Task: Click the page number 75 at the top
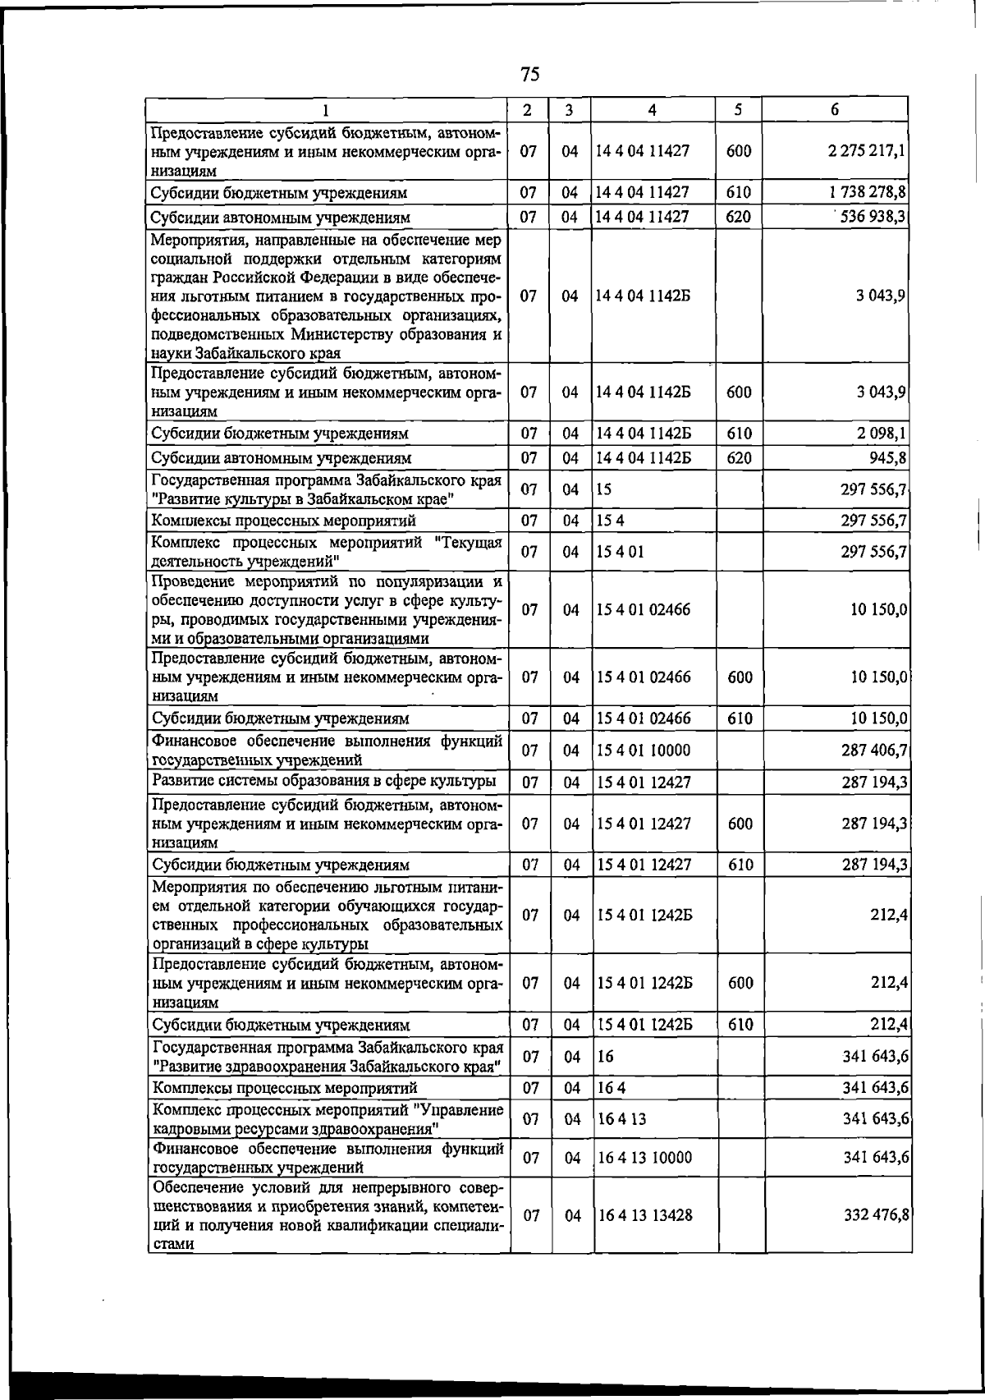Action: click(x=529, y=75)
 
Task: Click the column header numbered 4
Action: click(x=651, y=110)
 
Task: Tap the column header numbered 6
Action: click(x=834, y=110)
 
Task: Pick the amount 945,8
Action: click(x=886, y=457)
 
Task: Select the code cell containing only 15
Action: click(x=605, y=489)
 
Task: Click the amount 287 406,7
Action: click(x=873, y=750)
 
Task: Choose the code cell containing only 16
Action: click(x=605, y=1057)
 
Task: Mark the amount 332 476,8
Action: click(x=873, y=1214)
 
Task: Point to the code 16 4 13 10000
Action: click(x=644, y=1158)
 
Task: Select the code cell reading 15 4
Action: click(x=611, y=521)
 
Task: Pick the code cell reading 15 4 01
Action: click(x=621, y=552)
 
